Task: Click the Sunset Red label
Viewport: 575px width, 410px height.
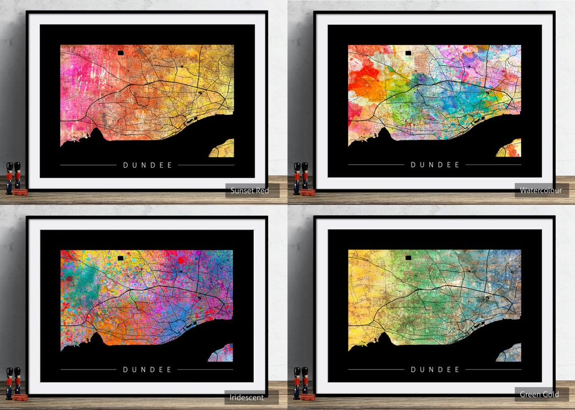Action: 250,191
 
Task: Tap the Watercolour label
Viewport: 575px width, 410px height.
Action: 541,190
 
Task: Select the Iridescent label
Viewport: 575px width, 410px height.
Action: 247,397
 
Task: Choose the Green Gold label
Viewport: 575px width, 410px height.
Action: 540,394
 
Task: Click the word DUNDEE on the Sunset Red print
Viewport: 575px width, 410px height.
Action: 147,165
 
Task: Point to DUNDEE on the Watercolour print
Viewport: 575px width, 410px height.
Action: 435,165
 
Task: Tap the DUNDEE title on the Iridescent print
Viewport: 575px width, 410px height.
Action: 147,370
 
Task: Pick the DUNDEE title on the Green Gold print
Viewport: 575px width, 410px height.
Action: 435,370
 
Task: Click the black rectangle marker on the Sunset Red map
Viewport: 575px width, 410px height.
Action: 121,52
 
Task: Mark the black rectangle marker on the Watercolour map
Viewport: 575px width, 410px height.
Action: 409,52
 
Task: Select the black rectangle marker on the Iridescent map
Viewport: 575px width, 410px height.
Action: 121,258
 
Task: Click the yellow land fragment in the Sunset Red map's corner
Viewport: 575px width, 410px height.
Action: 224,149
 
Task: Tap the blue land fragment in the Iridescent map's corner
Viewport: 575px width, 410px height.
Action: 223,353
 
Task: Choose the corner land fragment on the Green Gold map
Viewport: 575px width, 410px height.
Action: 510,353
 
